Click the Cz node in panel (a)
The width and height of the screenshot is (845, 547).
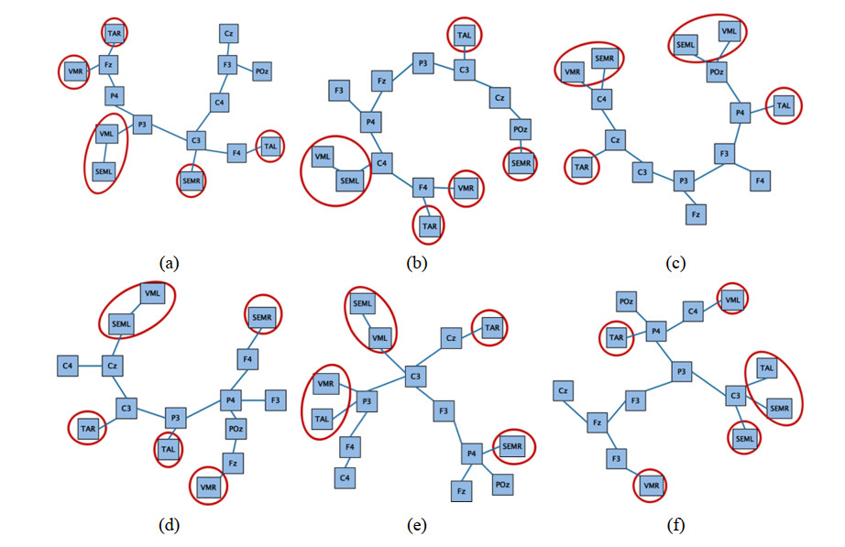pos(229,34)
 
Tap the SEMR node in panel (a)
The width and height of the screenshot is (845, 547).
pos(192,181)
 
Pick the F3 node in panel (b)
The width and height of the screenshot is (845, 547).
pos(340,91)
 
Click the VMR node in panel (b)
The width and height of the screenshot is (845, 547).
pos(466,188)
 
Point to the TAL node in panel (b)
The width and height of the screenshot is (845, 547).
pos(464,35)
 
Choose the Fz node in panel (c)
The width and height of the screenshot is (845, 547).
pos(696,214)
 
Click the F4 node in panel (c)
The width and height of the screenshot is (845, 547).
pos(758,181)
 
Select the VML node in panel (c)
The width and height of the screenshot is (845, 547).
pos(730,30)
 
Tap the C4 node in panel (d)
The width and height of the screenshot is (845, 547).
pos(68,366)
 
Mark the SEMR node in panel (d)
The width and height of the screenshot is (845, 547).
pos(261,317)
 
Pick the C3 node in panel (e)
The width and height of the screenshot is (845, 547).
pos(415,377)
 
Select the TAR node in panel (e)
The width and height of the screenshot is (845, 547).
pos(490,327)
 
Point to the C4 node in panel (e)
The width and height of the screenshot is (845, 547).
pos(346,477)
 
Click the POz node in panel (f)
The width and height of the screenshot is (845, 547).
pos(627,301)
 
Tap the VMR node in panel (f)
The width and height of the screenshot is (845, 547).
pos(652,485)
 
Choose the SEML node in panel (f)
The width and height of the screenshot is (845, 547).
pos(744,440)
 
